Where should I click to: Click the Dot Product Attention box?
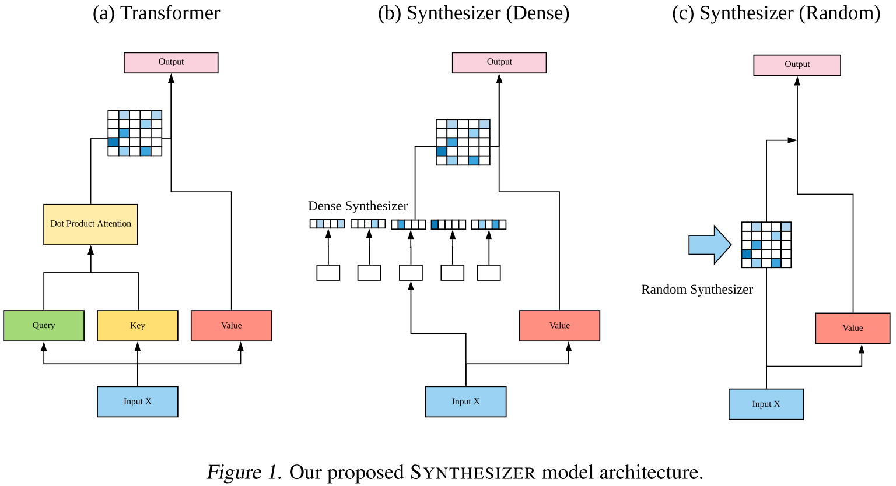point(90,224)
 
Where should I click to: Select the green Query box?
point(44,326)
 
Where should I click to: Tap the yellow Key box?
point(138,326)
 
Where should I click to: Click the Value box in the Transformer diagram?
point(232,326)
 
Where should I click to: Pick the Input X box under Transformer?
point(138,402)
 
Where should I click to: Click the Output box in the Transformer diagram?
point(171,62)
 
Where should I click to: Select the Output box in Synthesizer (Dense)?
point(499,62)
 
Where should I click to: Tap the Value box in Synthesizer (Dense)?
point(559,326)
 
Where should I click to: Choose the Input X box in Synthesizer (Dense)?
point(466,402)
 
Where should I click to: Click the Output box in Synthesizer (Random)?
point(797,65)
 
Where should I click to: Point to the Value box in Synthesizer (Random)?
point(853,328)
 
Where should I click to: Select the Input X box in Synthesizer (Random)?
point(766,404)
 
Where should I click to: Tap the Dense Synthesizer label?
point(358,206)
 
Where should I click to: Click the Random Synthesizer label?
point(697,290)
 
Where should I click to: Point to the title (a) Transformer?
point(156,13)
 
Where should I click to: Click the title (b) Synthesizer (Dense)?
point(474,13)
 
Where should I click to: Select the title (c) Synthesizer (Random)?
point(776,13)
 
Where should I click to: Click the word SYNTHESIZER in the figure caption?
point(473,473)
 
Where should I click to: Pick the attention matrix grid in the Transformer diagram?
point(135,133)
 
